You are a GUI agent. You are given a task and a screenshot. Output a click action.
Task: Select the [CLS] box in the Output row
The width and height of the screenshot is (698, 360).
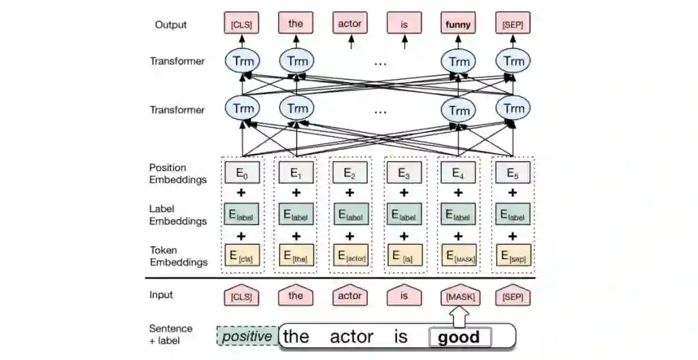point(242,25)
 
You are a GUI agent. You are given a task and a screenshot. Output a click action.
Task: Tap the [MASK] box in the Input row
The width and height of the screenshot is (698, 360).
point(459,297)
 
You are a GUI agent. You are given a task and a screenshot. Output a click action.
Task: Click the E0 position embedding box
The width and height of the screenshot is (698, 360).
point(242,173)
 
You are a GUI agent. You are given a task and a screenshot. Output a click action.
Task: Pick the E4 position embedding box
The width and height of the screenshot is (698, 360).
point(459,173)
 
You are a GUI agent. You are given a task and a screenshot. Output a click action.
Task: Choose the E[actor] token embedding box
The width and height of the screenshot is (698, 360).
point(350,256)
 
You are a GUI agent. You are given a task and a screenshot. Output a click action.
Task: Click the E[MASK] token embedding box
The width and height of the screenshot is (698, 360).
point(459,256)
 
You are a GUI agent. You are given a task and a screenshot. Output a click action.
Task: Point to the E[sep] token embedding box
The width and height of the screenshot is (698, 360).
point(513,256)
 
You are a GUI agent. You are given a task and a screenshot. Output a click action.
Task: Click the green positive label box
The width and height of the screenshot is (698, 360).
point(247,336)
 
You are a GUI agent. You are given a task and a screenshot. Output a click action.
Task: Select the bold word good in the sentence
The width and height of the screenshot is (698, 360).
point(459,337)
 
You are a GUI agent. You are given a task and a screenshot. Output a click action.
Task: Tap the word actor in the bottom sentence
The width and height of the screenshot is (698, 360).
point(352,337)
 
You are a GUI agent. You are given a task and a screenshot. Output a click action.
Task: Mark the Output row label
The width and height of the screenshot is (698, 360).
point(171,25)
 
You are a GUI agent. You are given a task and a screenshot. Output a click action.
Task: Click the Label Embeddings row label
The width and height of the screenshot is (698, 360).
point(178,215)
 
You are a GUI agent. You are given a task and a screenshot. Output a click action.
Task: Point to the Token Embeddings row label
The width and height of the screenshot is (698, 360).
point(178,256)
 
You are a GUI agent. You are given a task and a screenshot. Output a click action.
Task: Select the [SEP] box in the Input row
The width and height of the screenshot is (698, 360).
point(513,297)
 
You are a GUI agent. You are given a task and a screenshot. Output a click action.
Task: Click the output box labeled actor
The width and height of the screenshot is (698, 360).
point(350,25)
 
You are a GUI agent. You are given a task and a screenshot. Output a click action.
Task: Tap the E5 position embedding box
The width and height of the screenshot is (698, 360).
point(513,173)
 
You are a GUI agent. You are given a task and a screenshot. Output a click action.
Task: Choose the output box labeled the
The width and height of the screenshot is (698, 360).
point(296,25)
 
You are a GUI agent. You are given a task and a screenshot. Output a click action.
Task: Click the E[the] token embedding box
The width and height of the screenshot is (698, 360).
point(296,256)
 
